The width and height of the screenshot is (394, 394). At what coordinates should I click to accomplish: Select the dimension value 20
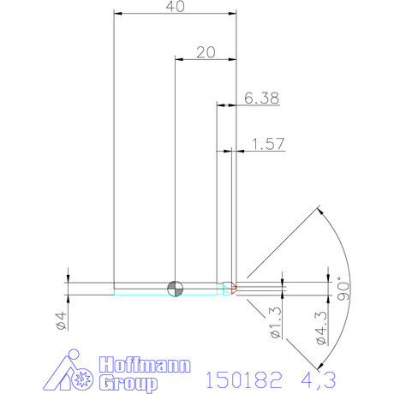(x=205, y=51)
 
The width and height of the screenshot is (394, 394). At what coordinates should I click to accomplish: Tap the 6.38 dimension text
(x=261, y=98)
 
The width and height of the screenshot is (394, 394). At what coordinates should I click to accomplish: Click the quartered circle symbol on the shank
(x=175, y=287)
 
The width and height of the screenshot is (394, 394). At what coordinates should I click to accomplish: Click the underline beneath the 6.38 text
(x=260, y=106)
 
